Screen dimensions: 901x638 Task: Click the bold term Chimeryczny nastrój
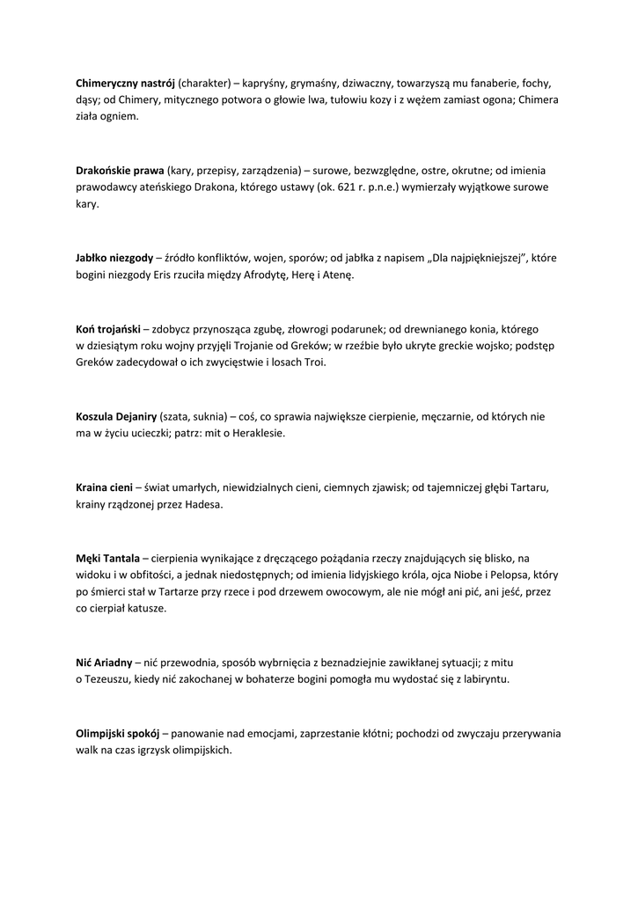tap(125, 83)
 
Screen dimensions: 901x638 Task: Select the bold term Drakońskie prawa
tap(120, 170)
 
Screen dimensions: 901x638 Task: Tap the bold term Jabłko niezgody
tap(114, 258)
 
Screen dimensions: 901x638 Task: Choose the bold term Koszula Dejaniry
tap(117, 416)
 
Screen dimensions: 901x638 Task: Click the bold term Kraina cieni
tap(104, 487)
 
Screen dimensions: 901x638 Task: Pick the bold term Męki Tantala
tap(107, 558)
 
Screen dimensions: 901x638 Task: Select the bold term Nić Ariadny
tap(104, 662)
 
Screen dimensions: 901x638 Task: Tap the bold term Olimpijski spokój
tap(117, 733)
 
